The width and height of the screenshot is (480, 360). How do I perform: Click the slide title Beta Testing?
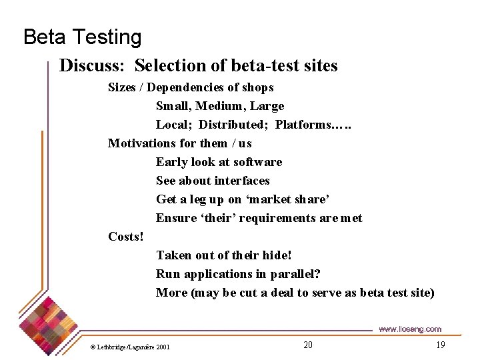click(x=82, y=37)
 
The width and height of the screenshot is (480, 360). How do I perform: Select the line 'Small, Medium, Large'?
click(x=220, y=106)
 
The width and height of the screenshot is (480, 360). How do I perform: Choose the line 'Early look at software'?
click(x=219, y=162)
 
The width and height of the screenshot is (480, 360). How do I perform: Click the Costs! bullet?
click(x=126, y=237)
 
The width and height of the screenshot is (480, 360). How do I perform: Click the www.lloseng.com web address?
click(x=409, y=329)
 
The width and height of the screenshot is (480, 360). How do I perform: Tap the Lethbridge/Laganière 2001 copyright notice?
click(x=130, y=347)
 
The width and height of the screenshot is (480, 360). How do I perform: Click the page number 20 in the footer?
click(x=307, y=345)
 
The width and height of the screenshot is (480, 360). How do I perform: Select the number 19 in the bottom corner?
click(x=440, y=345)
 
